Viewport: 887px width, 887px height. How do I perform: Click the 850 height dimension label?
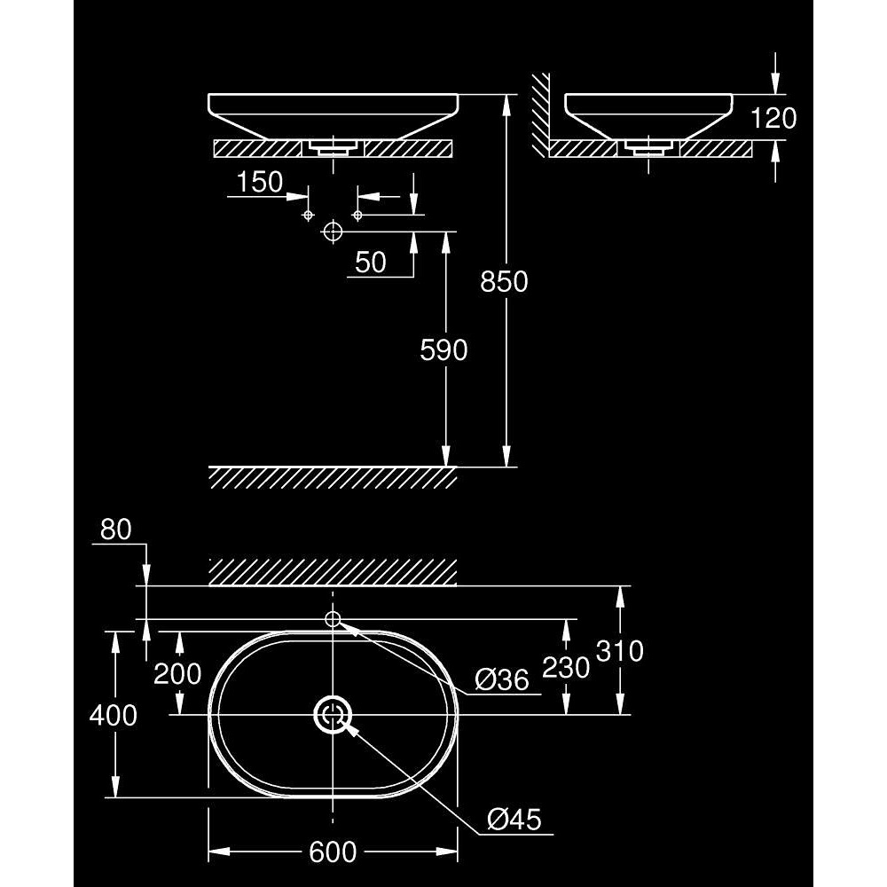coord(504,281)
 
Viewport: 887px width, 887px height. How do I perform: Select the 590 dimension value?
coord(443,350)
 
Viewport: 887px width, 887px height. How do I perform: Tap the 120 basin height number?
coord(773,118)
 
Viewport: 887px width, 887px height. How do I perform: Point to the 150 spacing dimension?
coord(260,182)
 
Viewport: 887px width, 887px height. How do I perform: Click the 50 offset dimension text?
coord(371,263)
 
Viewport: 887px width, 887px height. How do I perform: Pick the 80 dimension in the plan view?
coord(116,530)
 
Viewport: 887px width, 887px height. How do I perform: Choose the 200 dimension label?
coord(177,674)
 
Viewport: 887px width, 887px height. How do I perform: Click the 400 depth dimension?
coord(114,716)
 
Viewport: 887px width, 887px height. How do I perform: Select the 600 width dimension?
coord(333,852)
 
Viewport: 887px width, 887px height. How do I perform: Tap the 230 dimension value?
coord(566,668)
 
